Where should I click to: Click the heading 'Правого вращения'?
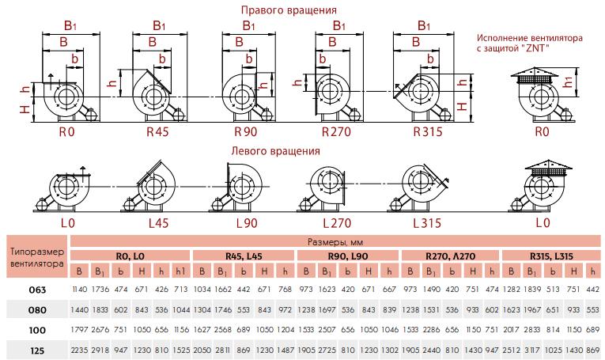(289, 10)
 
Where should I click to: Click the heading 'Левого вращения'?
(275, 150)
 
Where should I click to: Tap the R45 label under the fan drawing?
(157, 132)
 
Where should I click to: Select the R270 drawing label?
(336, 132)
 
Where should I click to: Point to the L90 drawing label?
(247, 223)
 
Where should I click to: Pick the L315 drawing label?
(427, 223)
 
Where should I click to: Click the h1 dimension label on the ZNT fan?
(568, 81)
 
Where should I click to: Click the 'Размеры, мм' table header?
(335, 242)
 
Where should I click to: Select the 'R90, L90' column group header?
(348, 256)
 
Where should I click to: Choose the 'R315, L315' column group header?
(551, 256)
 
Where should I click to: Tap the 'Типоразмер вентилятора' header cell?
(37, 258)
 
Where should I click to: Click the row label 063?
(37, 290)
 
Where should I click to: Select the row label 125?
(37, 351)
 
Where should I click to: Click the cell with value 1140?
(80, 289)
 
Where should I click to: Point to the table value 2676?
(100, 329)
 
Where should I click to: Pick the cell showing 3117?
(532, 350)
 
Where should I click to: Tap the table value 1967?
(532, 309)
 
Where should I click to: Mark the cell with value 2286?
(431, 329)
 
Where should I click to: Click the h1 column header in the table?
(180, 271)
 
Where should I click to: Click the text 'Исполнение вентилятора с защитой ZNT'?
(529, 43)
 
